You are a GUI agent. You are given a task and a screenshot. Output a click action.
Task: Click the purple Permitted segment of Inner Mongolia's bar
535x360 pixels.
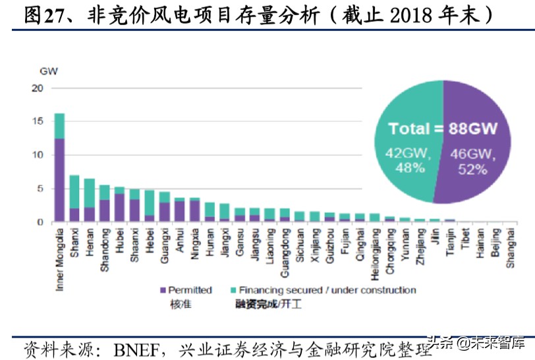click(x=59, y=180)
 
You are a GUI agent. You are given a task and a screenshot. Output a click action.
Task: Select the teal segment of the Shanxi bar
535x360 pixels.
click(x=74, y=192)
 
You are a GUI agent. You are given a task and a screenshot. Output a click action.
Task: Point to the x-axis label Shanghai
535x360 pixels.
click(x=510, y=245)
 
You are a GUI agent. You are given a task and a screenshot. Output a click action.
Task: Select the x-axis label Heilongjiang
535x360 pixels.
click(x=375, y=252)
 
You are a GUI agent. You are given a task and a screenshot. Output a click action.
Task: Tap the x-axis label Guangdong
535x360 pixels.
click(x=285, y=249)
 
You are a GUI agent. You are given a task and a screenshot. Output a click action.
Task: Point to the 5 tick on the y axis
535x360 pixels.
click(x=39, y=189)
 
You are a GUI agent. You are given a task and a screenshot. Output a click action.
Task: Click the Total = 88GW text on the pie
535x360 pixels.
click(x=442, y=129)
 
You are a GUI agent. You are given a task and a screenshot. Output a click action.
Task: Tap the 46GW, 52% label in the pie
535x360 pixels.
click(x=471, y=162)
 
